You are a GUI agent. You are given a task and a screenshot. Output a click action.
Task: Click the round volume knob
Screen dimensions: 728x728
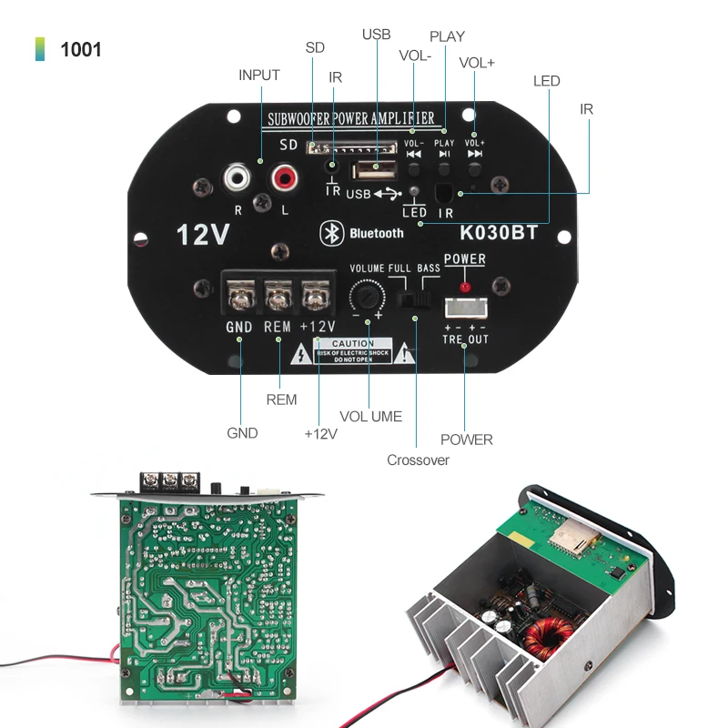tap(367, 297)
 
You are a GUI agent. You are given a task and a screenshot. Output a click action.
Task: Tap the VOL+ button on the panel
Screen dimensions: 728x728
tap(474, 168)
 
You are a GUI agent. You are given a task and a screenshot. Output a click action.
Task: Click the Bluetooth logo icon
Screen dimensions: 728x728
tap(328, 232)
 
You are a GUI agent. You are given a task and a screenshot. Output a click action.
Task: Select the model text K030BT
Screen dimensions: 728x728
tap(499, 232)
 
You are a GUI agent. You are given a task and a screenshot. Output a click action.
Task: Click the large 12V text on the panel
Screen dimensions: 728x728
tap(201, 235)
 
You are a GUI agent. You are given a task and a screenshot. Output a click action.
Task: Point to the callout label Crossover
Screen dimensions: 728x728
tap(418, 460)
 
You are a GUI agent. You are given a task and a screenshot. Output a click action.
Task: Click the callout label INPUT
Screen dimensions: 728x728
tap(258, 75)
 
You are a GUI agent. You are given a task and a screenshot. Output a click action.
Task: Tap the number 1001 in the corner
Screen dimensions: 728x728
tap(81, 49)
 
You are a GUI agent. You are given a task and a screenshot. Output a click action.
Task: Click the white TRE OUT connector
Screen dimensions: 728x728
tap(464, 308)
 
